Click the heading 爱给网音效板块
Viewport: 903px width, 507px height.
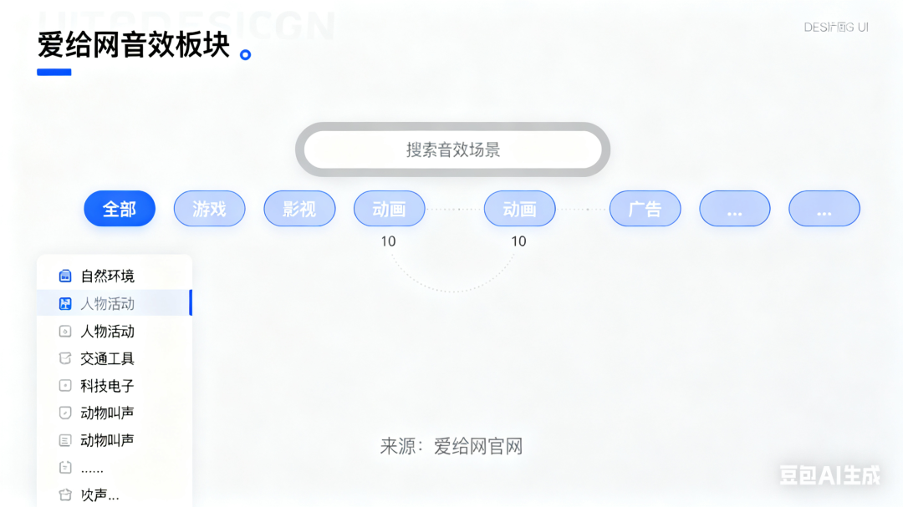134,45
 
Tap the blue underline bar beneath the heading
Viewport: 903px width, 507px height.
54,73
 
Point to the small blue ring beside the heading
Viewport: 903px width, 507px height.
245,55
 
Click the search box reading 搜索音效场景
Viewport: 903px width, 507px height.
452,150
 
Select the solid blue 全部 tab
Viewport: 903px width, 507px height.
120,209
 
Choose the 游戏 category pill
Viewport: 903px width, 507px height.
209,209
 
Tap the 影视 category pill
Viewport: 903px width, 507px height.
299,209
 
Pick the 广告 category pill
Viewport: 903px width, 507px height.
645,209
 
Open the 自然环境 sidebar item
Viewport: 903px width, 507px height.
107,276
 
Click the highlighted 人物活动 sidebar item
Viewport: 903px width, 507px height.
107,303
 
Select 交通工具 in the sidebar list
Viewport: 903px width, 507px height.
107,358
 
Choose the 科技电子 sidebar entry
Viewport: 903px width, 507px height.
107,386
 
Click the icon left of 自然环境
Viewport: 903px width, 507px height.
65,276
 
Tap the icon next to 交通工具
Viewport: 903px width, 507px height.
65,358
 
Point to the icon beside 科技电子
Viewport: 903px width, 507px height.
65,386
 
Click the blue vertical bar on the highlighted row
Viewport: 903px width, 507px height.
191,302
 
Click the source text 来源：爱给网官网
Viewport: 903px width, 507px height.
451,446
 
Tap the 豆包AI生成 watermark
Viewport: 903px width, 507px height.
829,475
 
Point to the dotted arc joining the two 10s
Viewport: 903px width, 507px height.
453,290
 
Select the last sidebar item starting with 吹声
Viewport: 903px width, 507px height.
99,495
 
